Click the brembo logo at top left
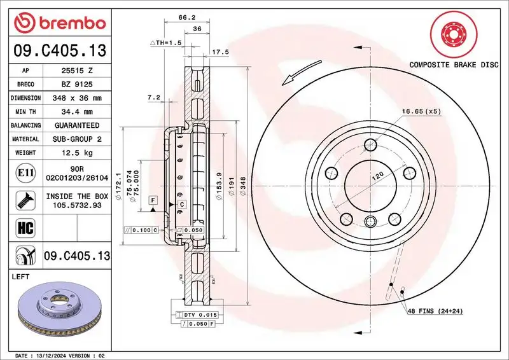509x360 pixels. (59, 22)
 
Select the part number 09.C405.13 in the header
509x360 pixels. (59, 50)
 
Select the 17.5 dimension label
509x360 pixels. (220, 52)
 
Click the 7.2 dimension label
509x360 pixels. (153, 97)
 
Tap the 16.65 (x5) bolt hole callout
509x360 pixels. (420, 111)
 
